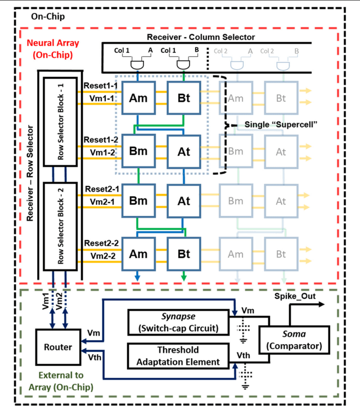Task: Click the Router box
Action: [58, 347]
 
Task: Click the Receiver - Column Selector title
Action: [200, 37]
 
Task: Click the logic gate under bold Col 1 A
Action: [137, 65]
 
